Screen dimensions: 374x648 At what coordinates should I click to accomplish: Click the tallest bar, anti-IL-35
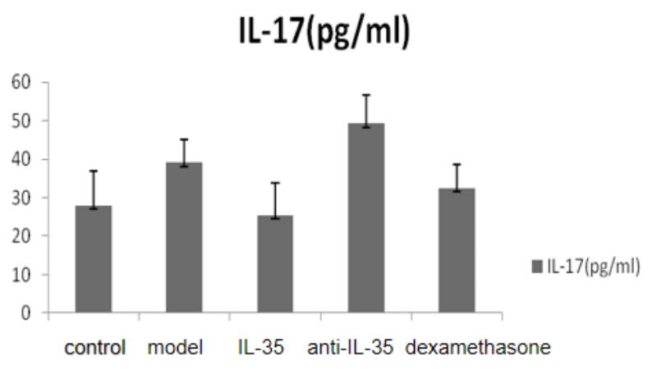[365, 218]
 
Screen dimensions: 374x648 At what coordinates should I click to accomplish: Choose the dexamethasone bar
[457, 251]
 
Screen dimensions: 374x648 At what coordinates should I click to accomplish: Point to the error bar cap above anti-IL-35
[365, 95]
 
